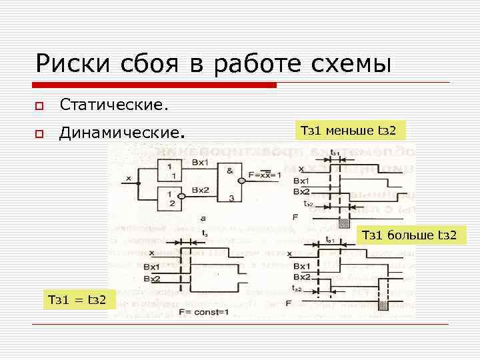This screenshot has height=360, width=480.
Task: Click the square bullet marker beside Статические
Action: tap(40, 106)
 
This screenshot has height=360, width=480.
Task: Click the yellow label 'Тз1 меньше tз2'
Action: tap(349, 131)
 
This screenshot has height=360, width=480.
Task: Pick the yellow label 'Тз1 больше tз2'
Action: tap(409, 235)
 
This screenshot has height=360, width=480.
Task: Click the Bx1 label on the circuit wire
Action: tap(200, 163)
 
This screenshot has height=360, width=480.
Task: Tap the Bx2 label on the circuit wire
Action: tap(200, 190)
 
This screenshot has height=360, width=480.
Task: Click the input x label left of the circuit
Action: tap(128, 179)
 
